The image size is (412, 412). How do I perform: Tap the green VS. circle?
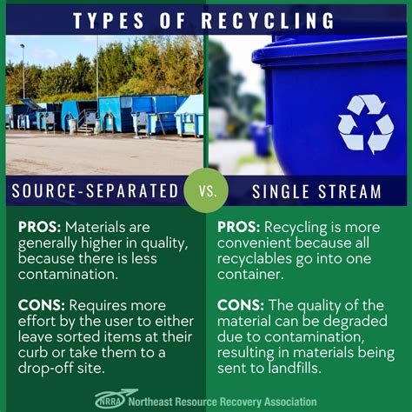[x=207, y=190]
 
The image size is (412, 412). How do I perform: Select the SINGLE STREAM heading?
[x=316, y=190]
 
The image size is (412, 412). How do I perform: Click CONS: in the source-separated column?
[x=41, y=305]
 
